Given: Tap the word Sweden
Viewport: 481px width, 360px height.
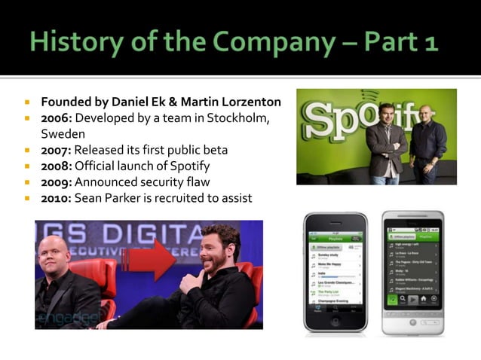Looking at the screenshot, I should pyautogui.click(x=63, y=134).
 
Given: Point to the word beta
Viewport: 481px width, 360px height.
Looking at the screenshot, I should pyautogui.click(x=214, y=150).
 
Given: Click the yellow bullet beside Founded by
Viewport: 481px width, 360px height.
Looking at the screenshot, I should pyautogui.click(x=26, y=102).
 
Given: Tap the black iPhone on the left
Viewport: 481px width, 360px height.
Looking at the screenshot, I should pyautogui.click(x=336, y=273).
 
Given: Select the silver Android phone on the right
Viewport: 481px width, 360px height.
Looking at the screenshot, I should pyautogui.click(x=412, y=273).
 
